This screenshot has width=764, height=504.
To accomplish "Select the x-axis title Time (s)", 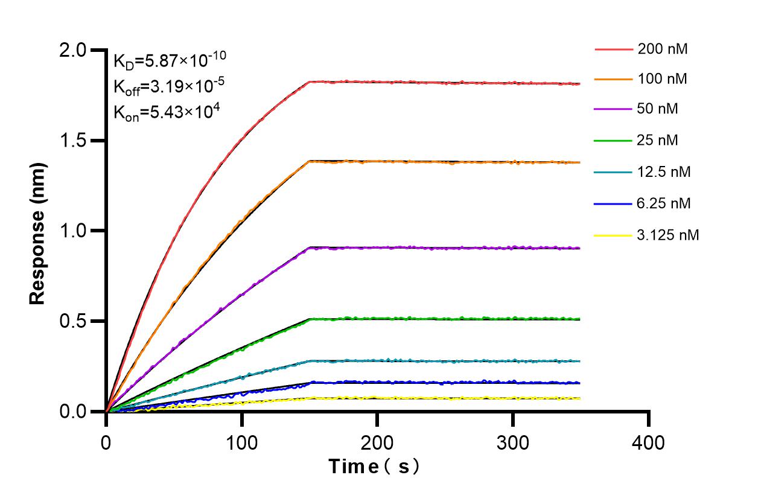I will coord(374,467).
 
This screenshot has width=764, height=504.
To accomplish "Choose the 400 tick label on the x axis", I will coord(648,442).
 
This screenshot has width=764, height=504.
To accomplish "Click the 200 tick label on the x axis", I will coord(377,442).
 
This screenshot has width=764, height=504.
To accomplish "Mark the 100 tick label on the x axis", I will coord(241,442).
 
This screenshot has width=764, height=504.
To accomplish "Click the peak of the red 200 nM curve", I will coord(309,81).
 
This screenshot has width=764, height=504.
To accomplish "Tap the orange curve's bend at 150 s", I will coord(309,161).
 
